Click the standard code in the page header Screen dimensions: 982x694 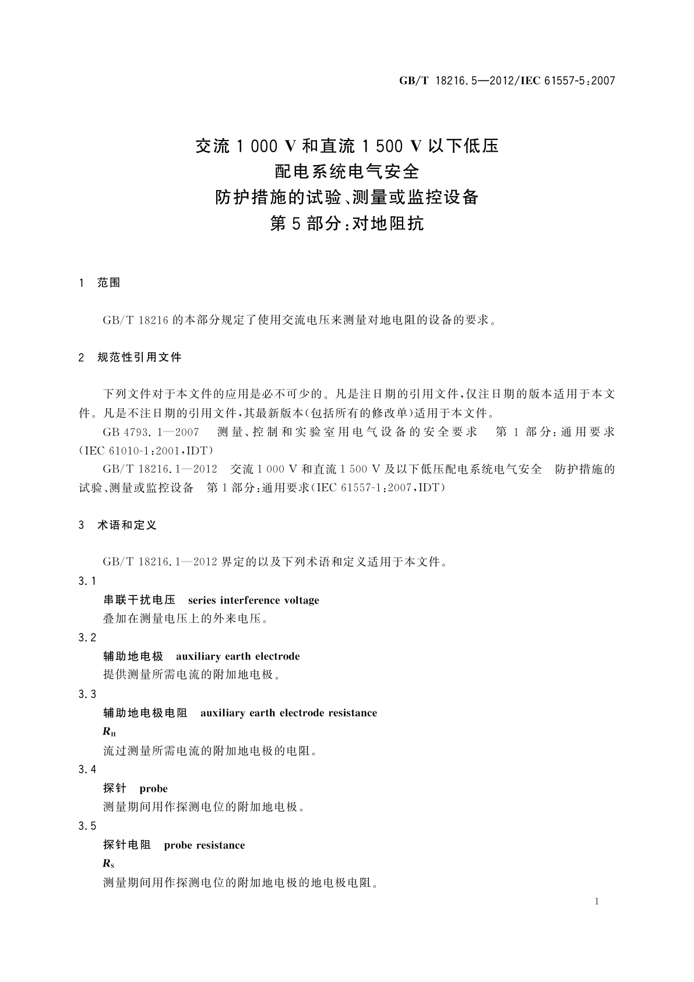pos(507,81)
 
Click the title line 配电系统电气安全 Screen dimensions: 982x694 pos(347,171)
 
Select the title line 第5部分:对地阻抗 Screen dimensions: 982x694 pos(347,223)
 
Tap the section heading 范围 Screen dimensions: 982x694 pos(108,283)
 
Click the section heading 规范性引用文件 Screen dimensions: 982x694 pos(139,357)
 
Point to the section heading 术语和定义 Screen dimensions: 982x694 pos(127,525)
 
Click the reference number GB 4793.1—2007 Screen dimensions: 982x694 pos(151,432)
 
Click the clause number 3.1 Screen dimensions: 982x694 pos(87,581)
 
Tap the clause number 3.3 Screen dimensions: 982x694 pos(87,694)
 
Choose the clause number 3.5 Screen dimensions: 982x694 pos(87,826)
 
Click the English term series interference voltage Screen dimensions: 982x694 pos(253,600)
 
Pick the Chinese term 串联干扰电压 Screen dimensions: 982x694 pos(139,600)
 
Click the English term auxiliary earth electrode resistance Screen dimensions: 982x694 pos(288,713)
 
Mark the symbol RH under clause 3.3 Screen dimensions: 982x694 pos(110,732)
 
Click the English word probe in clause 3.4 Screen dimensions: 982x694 pos(153,788)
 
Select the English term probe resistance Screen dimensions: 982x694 pos(205,845)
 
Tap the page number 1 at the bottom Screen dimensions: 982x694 pos(597,902)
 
